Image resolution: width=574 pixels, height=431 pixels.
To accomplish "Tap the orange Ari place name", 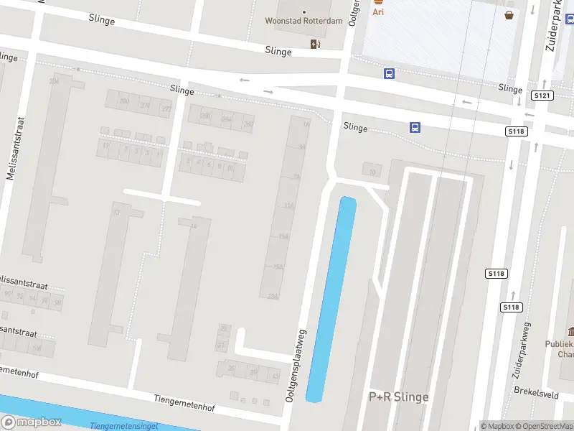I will pos(377,11).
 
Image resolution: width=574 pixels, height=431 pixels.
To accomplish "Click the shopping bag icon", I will pos(509,14).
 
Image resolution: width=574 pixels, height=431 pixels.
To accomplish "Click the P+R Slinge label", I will pos(398,397).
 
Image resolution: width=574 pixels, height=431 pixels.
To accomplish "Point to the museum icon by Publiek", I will pos(571,332).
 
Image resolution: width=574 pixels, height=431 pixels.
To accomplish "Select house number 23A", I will pos(272,296).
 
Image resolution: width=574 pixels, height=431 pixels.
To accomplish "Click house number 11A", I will pos(288,205).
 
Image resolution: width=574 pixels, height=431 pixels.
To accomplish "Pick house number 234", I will pos(54,82).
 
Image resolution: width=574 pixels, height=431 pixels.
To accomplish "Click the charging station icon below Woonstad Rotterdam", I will pos(315,45).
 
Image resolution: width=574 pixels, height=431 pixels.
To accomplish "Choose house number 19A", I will pos(278,267).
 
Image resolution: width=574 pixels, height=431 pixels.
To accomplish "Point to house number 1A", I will pos(305,125).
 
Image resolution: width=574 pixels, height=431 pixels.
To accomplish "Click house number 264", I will pos(227,120).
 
